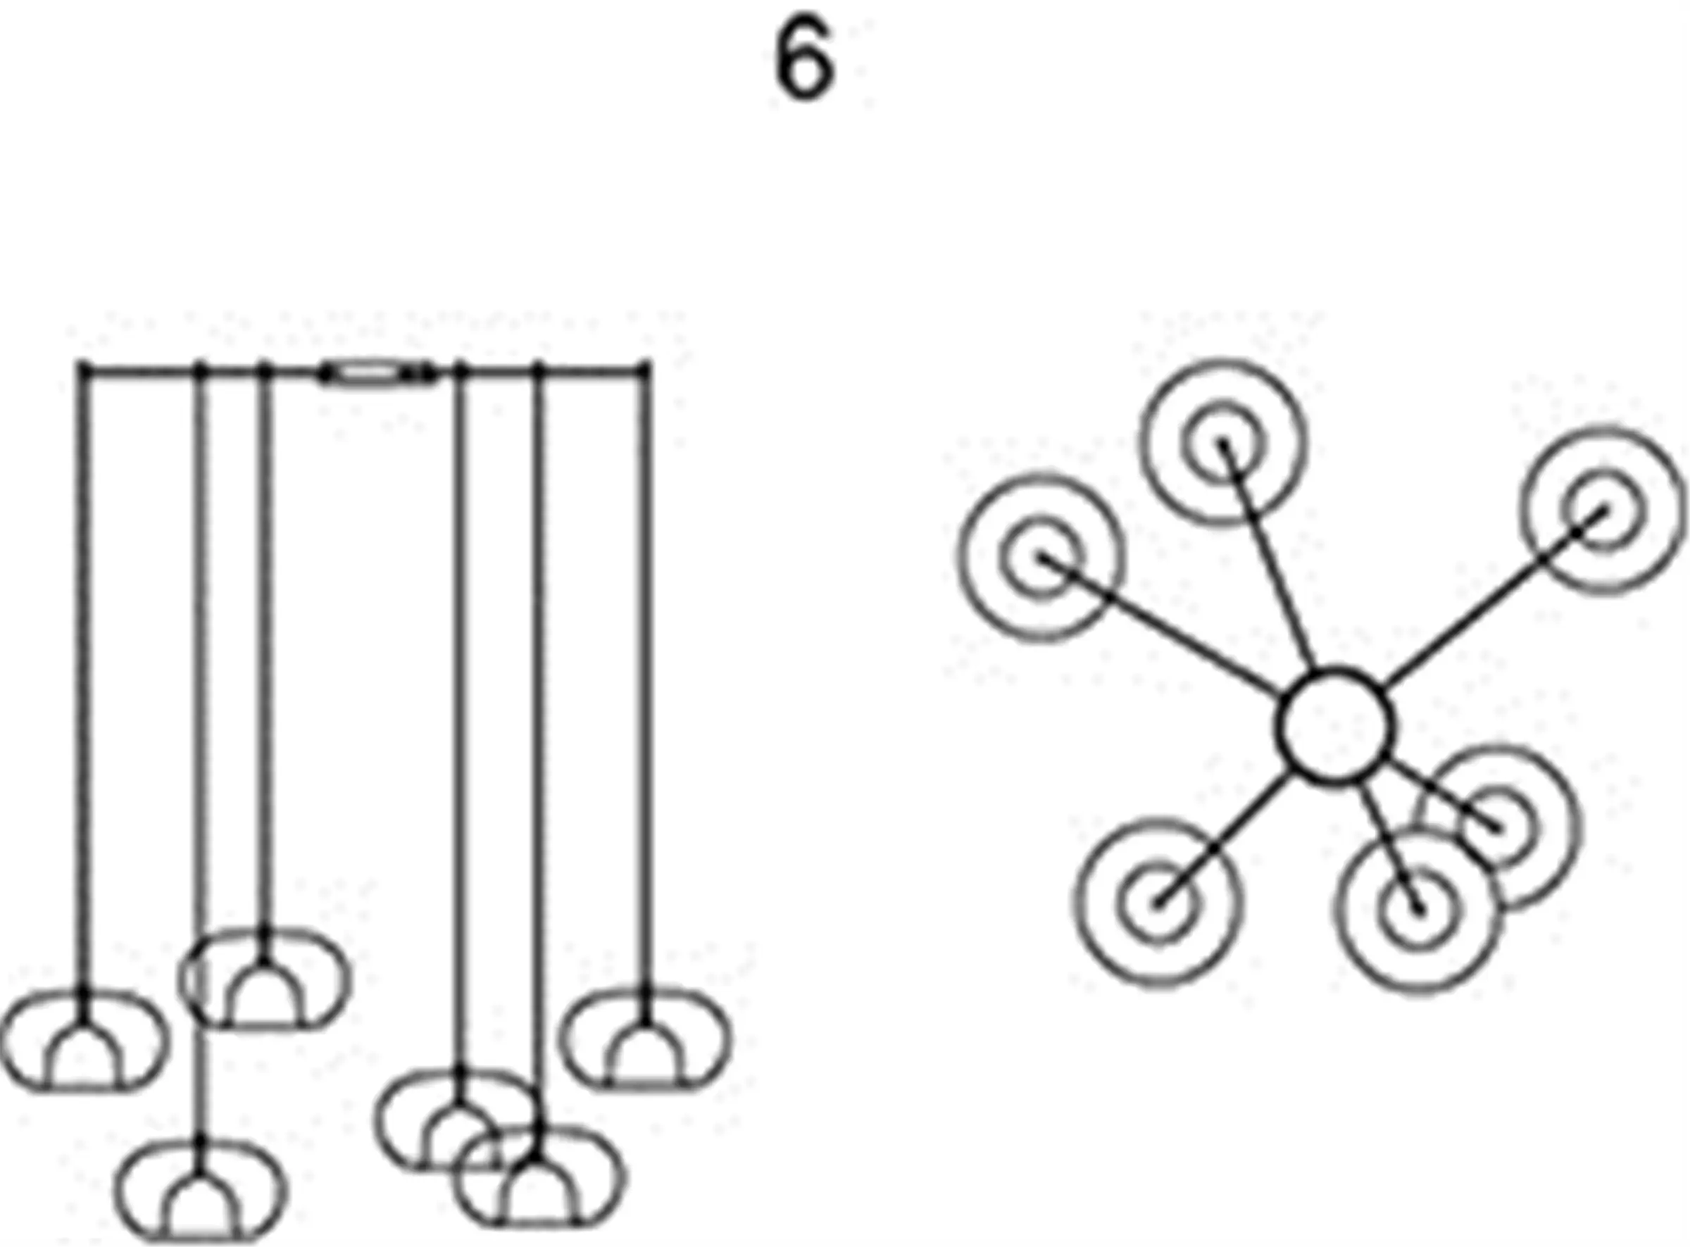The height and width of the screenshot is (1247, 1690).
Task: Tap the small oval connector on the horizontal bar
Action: [x=376, y=373]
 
